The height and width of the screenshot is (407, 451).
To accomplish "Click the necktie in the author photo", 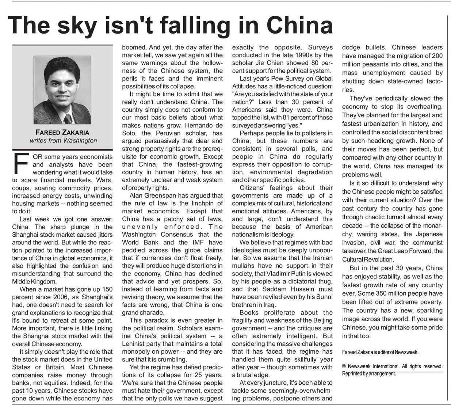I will click(68, 118).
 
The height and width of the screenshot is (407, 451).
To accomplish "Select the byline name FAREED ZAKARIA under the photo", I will click(62, 132).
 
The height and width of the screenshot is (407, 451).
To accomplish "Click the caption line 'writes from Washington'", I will click(64, 140).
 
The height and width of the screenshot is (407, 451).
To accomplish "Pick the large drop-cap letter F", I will click(21, 163).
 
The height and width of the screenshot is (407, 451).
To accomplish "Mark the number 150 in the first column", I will click(105, 289).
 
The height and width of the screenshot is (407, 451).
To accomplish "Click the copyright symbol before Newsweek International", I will click(344, 366).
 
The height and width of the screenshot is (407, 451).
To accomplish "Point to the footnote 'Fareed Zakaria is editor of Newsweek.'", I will click(380, 352).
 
